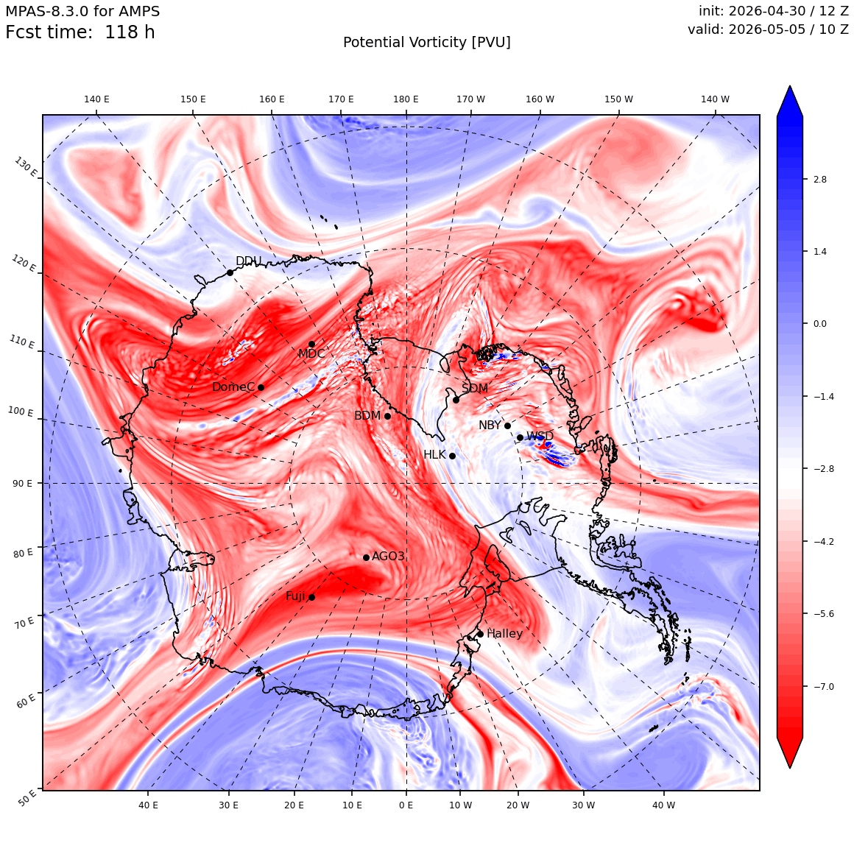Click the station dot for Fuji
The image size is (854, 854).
[x=311, y=598]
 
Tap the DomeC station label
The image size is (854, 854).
[x=233, y=387]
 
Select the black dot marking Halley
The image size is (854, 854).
[x=480, y=634]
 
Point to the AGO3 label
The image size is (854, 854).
[x=388, y=556]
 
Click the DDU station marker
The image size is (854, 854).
[x=230, y=273]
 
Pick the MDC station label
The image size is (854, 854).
[x=311, y=354]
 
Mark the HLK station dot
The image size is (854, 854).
[x=452, y=456]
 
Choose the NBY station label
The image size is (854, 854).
[x=490, y=426]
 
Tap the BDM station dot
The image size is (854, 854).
[x=388, y=416]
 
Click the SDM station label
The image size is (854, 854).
[x=475, y=388]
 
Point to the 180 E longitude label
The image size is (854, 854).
[x=406, y=99]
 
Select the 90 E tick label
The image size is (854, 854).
[x=22, y=484]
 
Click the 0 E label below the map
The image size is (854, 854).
[x=406, y=805]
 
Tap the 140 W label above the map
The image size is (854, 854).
[x=715, y=99]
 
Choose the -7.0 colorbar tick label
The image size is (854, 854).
[x=824, y=686]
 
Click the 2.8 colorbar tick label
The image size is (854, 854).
[x=820, y=179]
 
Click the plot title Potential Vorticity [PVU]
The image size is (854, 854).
[x=427, y=43]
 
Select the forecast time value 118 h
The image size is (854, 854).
[x=130, y=32]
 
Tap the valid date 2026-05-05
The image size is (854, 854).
[x=767, y=29]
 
